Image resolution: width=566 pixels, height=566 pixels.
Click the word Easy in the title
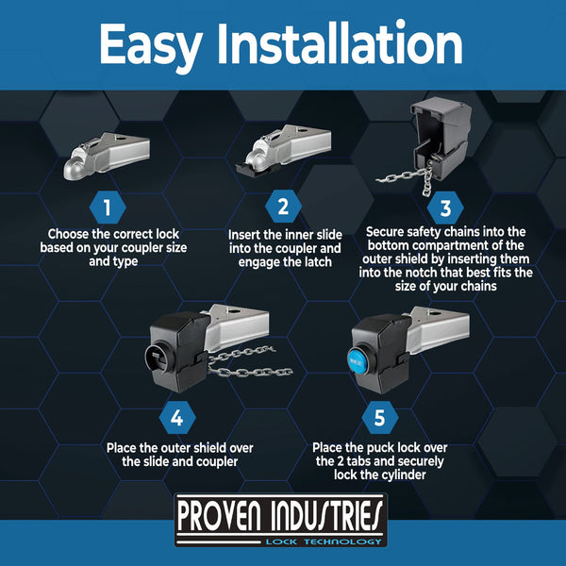(x=150, y=45)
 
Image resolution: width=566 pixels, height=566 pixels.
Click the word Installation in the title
(x=340, y=43)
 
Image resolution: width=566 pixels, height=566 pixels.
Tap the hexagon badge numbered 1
(x=108, y=208)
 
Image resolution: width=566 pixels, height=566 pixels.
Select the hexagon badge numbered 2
(x=283, y=207)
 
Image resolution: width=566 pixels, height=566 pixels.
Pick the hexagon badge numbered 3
(x=445, y=208)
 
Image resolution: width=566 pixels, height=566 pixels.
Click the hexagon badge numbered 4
(x=177, y=418)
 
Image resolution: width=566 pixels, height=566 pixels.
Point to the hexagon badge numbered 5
(x=380, y=418)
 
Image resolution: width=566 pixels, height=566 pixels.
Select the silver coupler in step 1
(x=107, y=156)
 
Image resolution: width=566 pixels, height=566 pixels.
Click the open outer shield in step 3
(x=441, y=139)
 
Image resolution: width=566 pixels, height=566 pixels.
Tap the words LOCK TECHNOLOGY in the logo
(x=324, y=541)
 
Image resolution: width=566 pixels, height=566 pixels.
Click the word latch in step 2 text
(x=315, y=262)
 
